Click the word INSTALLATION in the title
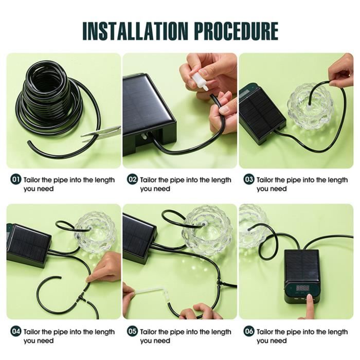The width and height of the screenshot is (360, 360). (x=135, y=31)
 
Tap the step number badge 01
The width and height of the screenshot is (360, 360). (x=16, y=179)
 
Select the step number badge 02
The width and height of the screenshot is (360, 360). (x=133, y=179)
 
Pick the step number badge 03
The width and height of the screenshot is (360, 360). (x=249, y=179)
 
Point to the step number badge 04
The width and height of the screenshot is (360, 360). (x=16, y=331)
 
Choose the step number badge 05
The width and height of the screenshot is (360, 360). (x=133, y=331)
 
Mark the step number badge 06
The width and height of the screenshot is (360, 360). (x=249, y=331)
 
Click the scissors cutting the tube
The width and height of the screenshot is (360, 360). (x=101, y=133)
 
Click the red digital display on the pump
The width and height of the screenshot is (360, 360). (x=302, y=288)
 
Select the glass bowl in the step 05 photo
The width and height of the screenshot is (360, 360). (x=206, y=231)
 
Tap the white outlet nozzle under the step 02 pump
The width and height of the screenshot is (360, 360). (x=144, y=137)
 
